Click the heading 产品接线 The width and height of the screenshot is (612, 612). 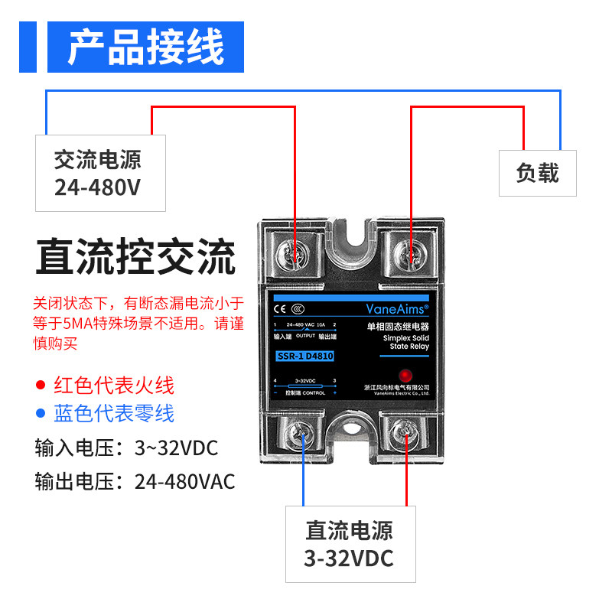coord(145,47)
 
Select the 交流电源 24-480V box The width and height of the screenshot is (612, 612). coord(100,173)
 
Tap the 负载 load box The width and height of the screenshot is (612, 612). coord(537,173)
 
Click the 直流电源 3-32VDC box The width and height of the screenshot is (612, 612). coord(350,544)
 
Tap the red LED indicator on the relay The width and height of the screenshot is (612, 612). coord(404,374)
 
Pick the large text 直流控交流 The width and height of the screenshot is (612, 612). coord(135,258)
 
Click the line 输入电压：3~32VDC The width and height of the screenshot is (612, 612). coord(126,448)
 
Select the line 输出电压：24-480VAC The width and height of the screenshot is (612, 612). coord(135,482)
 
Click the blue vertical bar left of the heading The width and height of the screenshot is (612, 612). coord(26,47)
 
